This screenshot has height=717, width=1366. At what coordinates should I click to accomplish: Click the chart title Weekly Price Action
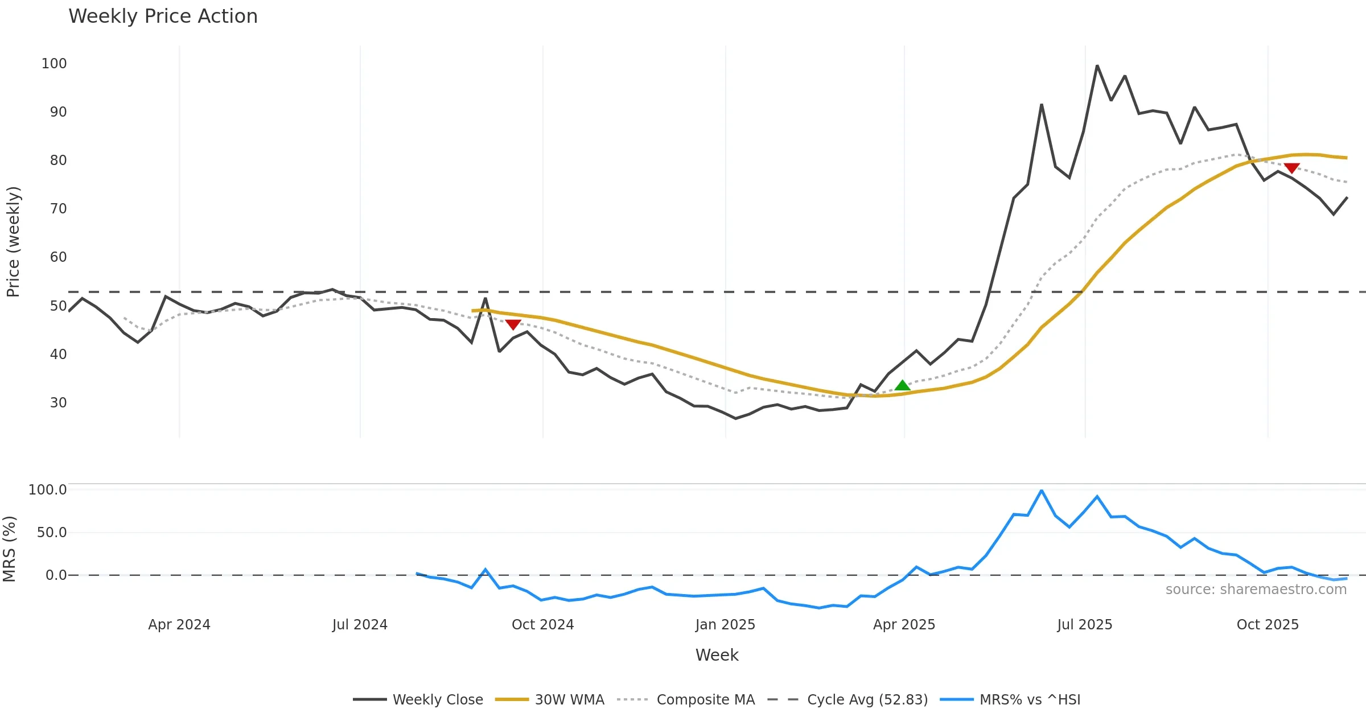click(x=163, y=17)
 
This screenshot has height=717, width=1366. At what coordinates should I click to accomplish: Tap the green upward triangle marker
click(x=902, y=386)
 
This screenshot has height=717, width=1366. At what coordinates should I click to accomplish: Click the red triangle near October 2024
click(x=513, y=324)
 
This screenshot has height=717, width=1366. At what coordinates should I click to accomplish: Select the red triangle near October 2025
click(x=1291, y=168)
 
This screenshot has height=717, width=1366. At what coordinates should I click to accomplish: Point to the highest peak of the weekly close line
click(x=1097, y=66)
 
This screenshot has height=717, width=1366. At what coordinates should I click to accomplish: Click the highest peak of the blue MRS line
click(x=1041, y=491)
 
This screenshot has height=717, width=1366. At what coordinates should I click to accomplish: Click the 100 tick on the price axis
click(x=54, y=64)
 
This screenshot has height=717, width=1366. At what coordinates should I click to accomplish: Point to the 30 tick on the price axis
click(x=58, y=403)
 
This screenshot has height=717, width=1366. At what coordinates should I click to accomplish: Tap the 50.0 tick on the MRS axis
click(x=52, y=533)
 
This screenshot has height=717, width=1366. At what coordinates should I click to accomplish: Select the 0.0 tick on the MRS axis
click(x=56, y=575)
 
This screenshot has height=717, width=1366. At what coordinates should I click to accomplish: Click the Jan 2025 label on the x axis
click(x=725, y=625)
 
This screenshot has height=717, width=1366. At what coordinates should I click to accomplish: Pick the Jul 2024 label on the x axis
click(x=360, y=625)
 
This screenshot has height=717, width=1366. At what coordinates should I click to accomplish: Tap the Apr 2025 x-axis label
click(x=904, y=625)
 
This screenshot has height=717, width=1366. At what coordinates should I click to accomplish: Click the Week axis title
click(x=717, y=656)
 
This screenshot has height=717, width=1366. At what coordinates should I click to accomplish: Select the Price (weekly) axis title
click(x=13, y=242)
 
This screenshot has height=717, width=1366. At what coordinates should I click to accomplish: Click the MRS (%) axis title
click(x=10, y=549)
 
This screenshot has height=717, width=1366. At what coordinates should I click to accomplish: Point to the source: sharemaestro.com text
click(x=1256, y=590)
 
